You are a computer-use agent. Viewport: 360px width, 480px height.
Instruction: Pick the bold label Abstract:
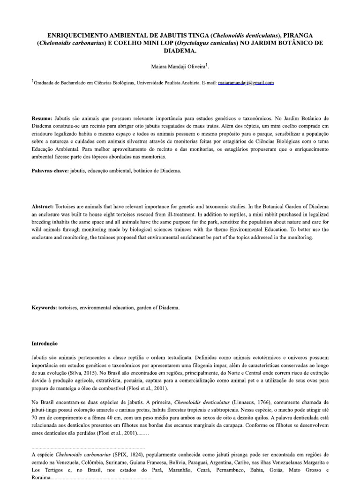click(43, 206)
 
